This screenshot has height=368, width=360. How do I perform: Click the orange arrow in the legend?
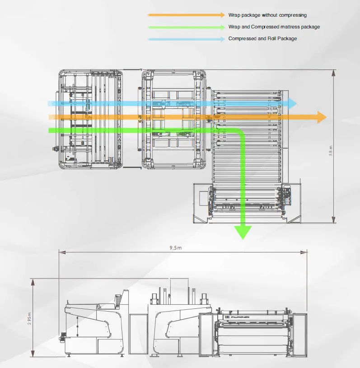[186, 15]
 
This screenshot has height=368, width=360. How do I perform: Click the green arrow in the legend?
[186, 27]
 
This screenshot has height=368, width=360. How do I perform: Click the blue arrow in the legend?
[186, 39]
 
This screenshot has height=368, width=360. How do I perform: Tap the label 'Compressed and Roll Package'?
[262, 39]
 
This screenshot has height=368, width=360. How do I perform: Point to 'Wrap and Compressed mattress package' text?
[274, 27]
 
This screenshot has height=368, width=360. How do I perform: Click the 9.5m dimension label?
[176, 248]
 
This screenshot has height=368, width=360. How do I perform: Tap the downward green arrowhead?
[243, 232]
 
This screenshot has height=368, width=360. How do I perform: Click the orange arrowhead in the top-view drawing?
[321, 117]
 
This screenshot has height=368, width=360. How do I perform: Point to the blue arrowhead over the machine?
[292, 103]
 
